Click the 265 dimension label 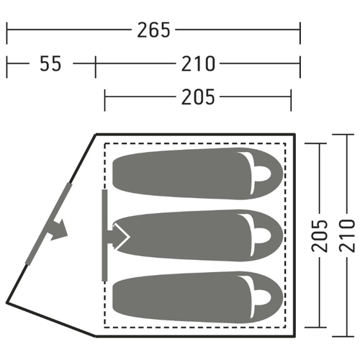tap(153, 30)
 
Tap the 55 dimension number tap(50, 63)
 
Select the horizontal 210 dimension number tap(198, 63)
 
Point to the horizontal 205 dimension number tap(198, 97)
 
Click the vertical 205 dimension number tap(320, 235)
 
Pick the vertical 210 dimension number tap(347, 235)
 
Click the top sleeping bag tap(198, 174)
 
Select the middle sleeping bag tap(198, 235)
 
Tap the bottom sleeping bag tap(198, 297)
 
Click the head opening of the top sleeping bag tap(263, 174)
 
